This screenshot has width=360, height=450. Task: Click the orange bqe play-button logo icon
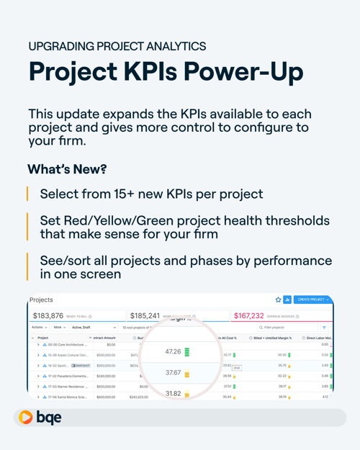[x=26, y=418]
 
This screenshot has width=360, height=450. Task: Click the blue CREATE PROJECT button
[x=312, y=300]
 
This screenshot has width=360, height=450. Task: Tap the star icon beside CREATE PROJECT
[x=279, y=300]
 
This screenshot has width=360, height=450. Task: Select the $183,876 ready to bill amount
[x=48, y=316]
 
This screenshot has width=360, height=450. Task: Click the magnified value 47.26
[x=173, y=352]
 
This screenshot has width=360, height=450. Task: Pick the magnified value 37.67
[x=173, y=373]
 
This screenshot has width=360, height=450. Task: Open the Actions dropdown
[x=40, y=328]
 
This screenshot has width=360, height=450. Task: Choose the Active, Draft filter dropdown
[x=94, y=328]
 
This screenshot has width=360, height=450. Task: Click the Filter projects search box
[x=288, y=328]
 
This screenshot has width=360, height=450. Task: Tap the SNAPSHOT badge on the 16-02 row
[x=81, y=366]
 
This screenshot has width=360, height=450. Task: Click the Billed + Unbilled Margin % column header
[x=272, y=338]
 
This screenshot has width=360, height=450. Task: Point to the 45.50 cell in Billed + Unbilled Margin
[x=282, y=355]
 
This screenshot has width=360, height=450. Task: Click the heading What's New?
[x=66, y=168]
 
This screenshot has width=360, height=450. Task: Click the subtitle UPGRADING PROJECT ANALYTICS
[x=117, y=46]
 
